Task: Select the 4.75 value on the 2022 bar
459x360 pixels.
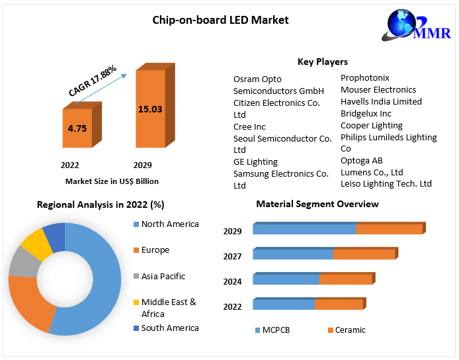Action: pyautogui.click(x=77, y=128)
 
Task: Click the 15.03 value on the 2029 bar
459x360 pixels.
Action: pyautogui.click(x=149, y=109)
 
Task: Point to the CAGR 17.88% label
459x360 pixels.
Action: pyautogui.click(x=93, y=81)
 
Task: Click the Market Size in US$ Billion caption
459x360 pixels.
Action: pyautogui.click(x=112, y=181)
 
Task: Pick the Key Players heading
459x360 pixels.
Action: pyautogui.click(x=322, y=62)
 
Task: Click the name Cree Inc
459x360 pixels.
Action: pyautogui.click(x=249, y=126)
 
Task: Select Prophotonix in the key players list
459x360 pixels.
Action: pyautogui.click(x=365, y=78)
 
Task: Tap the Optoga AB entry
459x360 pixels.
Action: pyautogui.click(x=361, y=160)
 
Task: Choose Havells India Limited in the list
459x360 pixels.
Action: pyautogui.click(x=381, y=102)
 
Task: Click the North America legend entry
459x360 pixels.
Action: pyautogui.click(x=169, y=224)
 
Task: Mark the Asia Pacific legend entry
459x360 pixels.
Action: pyautogui.click(x=163, y=276)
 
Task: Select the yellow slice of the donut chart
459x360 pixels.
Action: pyautogui.click(x=36, y=244)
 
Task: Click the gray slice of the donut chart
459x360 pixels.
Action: pyautogui.click(x=22, y=263)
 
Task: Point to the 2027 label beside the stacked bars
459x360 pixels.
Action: pyautogui.click(x=233, y=256)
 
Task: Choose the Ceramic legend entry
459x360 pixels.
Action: pyautogui.click(x=350, y=330)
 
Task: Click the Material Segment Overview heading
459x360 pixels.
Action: pyautogui.click(x=317, y=204)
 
